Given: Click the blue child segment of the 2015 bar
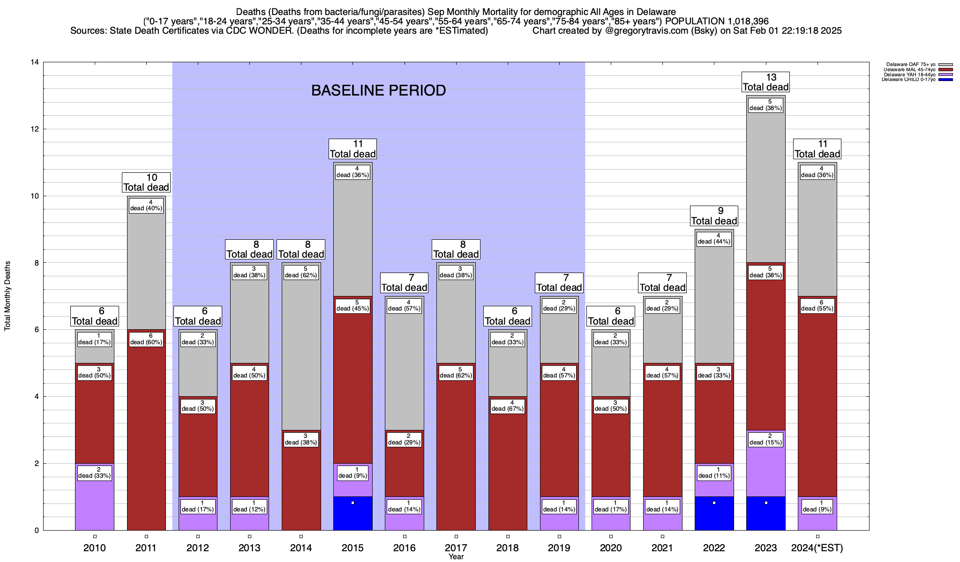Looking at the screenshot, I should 352,513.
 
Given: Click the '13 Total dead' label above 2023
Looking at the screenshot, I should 765,82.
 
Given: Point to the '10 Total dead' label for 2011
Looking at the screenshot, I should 146,183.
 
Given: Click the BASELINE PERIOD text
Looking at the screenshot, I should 378,90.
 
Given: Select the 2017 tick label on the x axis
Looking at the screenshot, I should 456,547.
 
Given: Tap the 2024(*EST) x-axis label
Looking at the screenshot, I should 817,547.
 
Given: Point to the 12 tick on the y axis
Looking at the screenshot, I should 35,129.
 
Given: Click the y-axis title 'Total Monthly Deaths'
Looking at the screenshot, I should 7,296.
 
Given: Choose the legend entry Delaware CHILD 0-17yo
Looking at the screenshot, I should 908,80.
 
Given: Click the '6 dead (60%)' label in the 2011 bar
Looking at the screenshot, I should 146,339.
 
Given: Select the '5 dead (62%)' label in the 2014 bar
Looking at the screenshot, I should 301,272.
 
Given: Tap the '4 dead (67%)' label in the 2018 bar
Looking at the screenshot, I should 508,406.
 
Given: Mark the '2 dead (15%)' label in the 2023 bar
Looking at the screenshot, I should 765,439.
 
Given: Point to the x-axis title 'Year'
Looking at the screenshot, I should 456,556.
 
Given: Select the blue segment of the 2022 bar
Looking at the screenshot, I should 714,513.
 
